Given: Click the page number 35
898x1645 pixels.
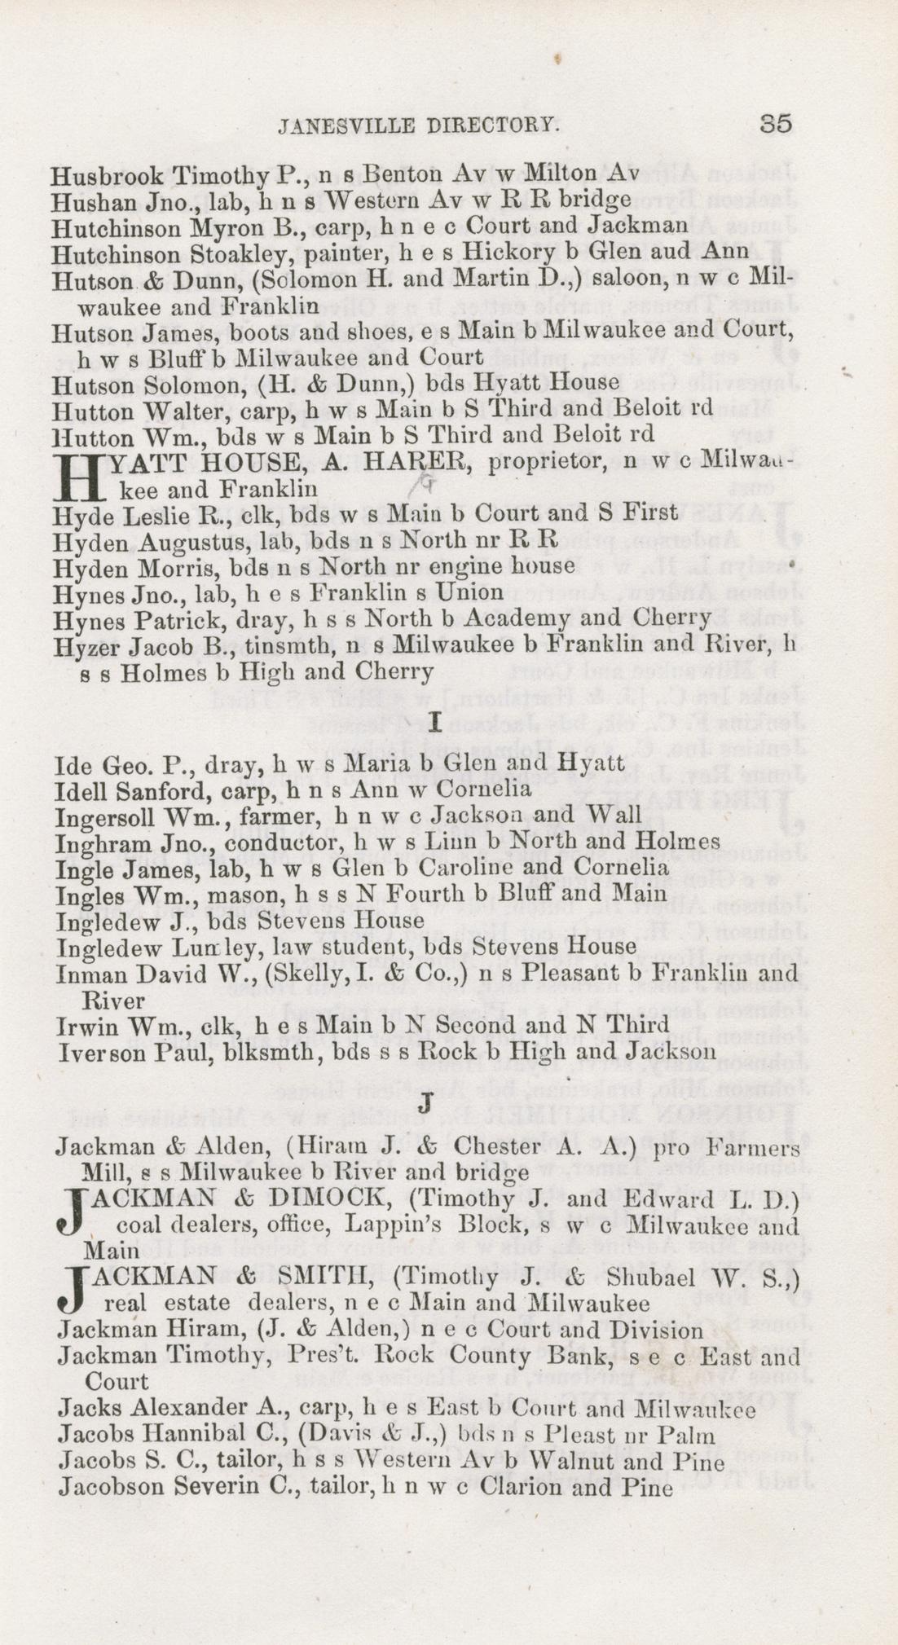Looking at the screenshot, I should (x=775, y=124).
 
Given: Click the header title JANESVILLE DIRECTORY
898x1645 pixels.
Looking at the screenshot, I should (x=418, y=125).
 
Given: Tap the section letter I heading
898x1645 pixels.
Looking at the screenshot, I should (x=434, y=721).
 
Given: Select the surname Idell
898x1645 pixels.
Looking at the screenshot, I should (x=77, y=790).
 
